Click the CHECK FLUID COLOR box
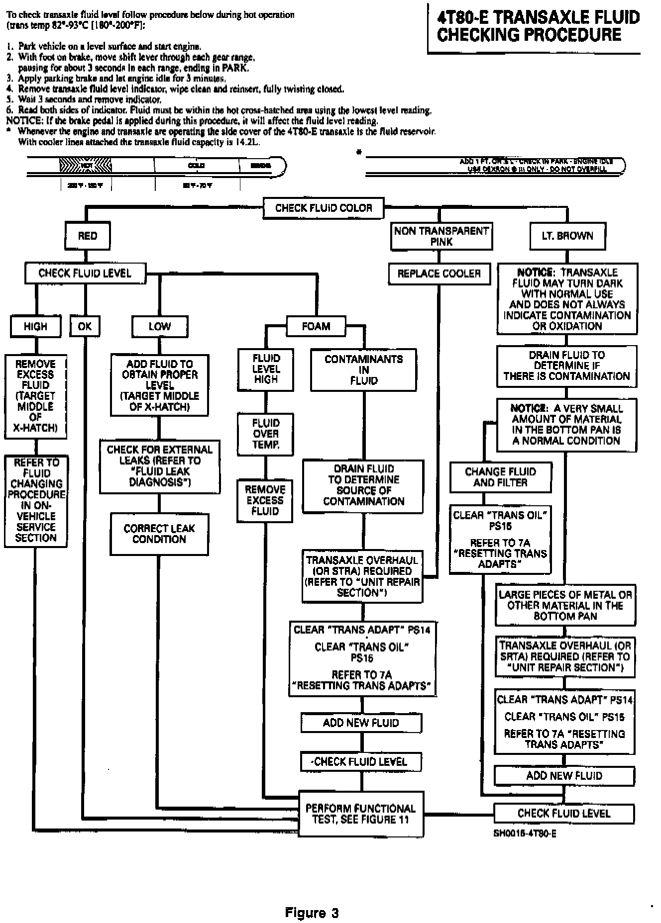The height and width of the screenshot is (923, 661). pyautogui.click(x=324, y=208)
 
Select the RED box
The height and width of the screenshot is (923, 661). pyautogui.click(x=88, y=236)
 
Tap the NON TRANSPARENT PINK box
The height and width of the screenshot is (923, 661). pyautogui.click(x=441, y=236)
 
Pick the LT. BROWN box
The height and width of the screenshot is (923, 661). pyautogui.click(x=567, y=236)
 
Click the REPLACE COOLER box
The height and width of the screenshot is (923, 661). pyautogui.click(x=439, y=274)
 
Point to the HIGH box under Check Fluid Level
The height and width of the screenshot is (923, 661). pyautogui.click(x=35, y=327)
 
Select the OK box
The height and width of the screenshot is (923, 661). pyautogui.click(x=85, y=327)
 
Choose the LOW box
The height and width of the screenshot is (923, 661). pyautogui.click(x=159, y=327)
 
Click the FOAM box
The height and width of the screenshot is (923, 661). pyautogui.click(x=316, y=327)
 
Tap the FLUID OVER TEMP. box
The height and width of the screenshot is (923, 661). pyautogui.click(x=265, y=434)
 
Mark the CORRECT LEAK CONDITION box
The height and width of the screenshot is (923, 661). pyautogui.click(x=159, y=534)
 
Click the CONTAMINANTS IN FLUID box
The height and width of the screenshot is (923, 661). pyautogui.click(x=363, y=369)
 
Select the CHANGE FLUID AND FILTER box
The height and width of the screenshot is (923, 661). pyautogui.click(x=500, y=477)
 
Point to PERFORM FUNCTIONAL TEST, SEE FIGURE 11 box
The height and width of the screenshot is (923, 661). pyautogui.click(x=361, y=814)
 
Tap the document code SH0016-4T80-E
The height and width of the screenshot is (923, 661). pyautogui.click(x=525, y=833)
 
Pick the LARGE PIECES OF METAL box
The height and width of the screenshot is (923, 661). pyautogui.click(x=565, y=605)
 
